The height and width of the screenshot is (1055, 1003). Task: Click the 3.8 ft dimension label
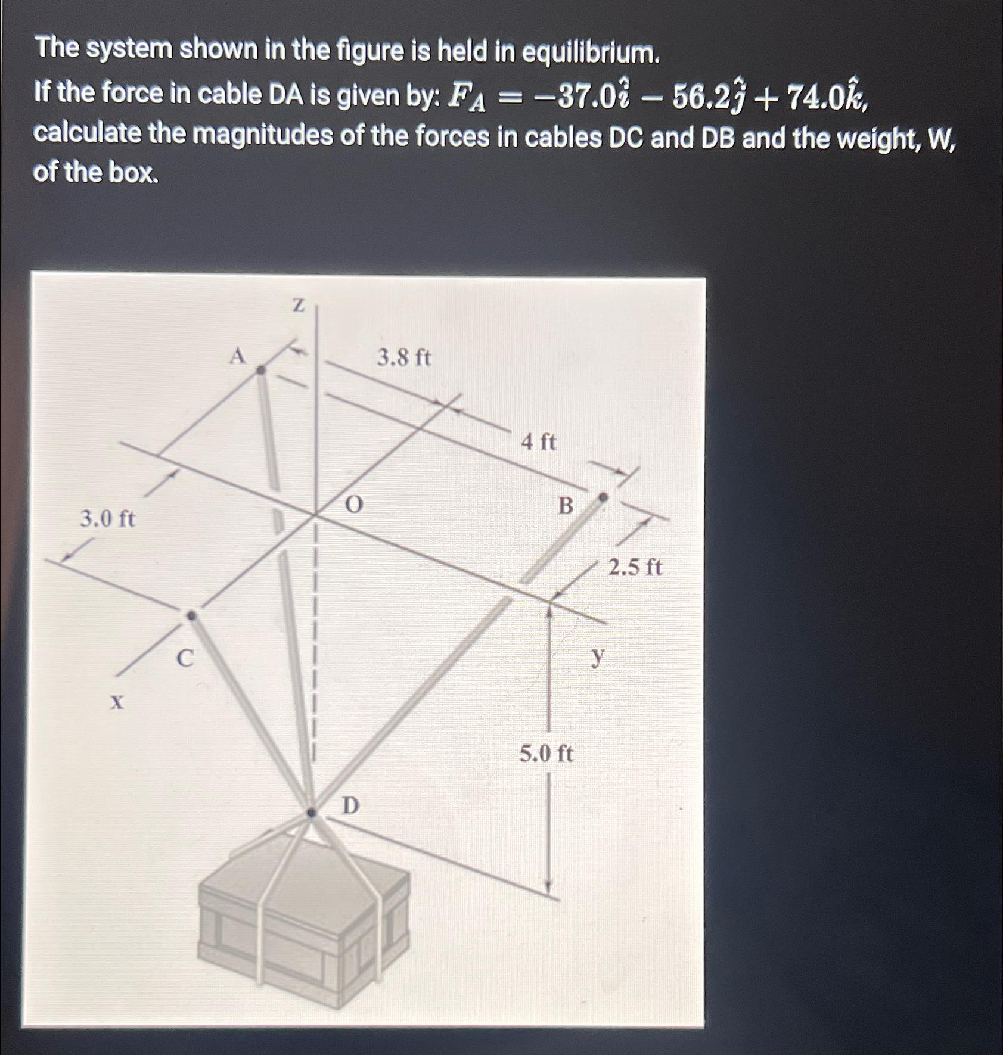(x=404, y=358)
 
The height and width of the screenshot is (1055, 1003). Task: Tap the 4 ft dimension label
(x=538, y=443)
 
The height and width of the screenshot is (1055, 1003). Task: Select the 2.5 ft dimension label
(x=635, y=567)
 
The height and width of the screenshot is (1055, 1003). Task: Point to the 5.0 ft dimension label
(x=546, y=754)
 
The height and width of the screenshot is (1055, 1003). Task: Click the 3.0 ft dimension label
(x=108, y=519)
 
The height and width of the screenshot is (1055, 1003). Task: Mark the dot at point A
(x=260, y=370)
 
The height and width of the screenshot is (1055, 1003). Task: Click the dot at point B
(x=603, y=497)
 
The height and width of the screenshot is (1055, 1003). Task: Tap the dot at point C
(x=191, y=615)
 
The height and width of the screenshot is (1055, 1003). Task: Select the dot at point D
(x=311, y=812)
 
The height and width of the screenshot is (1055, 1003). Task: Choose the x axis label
(x=117, y=704)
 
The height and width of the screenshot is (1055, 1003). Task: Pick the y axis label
(x=597, y=656)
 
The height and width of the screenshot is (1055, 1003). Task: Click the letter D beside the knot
(x=350, y=806)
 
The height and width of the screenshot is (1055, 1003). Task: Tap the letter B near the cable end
(x=566, y=506)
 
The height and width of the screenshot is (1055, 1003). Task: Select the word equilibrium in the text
(x=591, y=53)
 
